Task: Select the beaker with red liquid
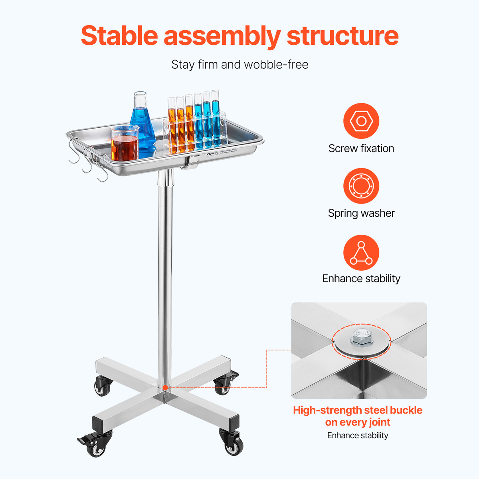point(125,144)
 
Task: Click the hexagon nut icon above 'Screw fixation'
point(361,121)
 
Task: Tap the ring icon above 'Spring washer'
point(361,186)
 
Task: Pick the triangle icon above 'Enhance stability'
point(361,253)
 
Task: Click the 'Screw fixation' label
point(361,148)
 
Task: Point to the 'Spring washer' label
point(361,213)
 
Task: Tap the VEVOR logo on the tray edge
point(212,154)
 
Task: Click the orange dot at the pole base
point(165,388)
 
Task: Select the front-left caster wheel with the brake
point(96,445)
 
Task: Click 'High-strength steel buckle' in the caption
point(357,410)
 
